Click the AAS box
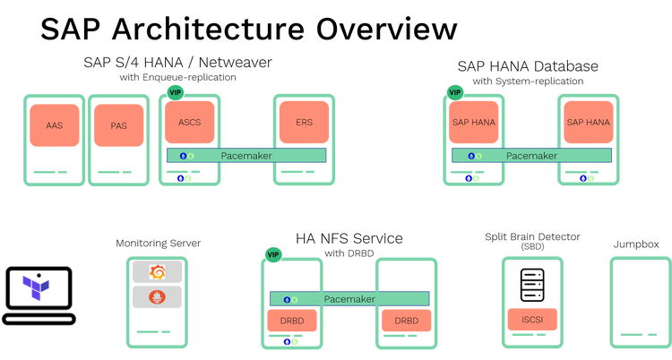tap(55, 125)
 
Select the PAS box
tap(118, 125)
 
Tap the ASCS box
tap(189, 122)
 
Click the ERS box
tap(304, 123)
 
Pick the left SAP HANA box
tap(474, 122)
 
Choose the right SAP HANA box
tap(588, 122)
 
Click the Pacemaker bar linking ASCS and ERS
tap(246, 156)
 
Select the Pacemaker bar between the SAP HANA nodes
tap(531, 156)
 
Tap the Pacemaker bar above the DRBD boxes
tap(349, 298)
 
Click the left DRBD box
tap(291, 321)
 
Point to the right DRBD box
tap(406, 321)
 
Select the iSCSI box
tap(531, 320)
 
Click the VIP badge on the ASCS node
tap(176, 92)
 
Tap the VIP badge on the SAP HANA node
tap(454, 92)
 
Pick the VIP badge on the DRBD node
tap(272, 255)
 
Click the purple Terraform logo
tap(36, 288)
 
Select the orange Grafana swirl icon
tap(157, 271)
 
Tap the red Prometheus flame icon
tap(157, 296)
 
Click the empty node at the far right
tap(640, 302)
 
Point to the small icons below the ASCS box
tap(184, 178)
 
